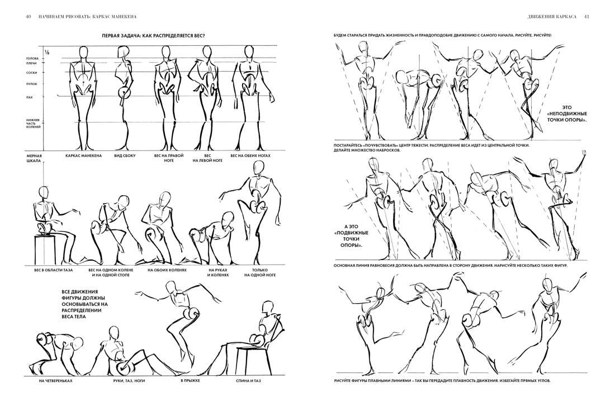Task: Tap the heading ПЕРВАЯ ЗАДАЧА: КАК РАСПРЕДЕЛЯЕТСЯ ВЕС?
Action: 154,36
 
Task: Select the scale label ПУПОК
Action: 32,84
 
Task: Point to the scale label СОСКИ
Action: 32,73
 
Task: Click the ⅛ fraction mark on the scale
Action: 46,52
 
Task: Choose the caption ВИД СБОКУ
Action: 125,155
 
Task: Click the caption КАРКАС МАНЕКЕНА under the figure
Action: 83,155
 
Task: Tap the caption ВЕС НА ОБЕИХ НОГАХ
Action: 250,155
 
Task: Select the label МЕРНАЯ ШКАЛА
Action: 34,158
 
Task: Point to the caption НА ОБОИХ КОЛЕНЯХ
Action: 167,270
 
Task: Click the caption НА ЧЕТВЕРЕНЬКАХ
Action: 56,380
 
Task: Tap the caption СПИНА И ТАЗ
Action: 248,380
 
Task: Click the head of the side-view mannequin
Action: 125,52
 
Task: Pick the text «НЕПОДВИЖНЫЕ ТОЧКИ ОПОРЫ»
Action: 567,114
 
